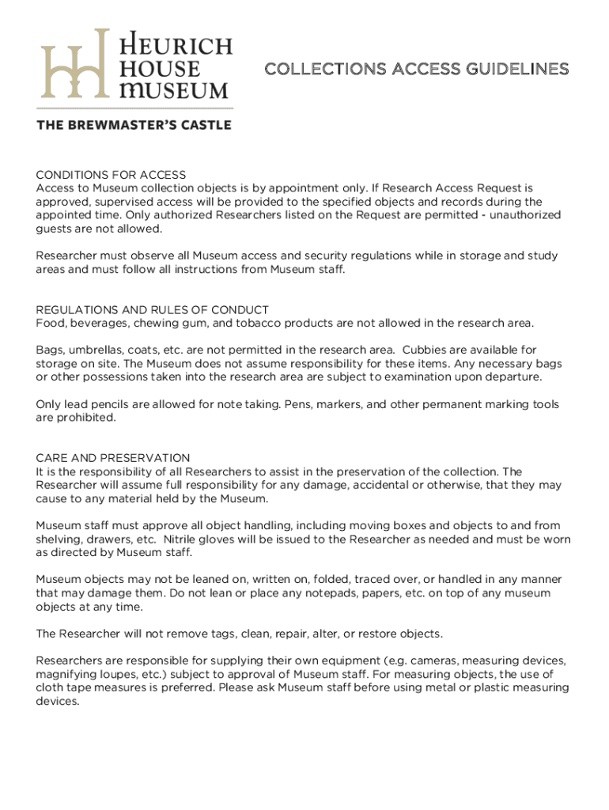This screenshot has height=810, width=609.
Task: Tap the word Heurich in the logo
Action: pyautogui.click(x=175, y=44)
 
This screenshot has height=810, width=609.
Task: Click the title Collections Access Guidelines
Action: pyautogui.click(x=416, y=70)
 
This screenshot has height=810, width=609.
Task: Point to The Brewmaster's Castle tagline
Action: pyautogui.click(x=134, y=125)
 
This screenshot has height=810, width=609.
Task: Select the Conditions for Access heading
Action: pyautogui.click(x=111, y=175)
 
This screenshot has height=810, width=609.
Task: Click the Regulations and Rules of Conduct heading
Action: pyautogui.click(x=152, y=310)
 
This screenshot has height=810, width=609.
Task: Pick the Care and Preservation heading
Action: pyautogui.click(x=112, y=458)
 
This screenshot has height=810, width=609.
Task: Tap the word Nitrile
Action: pyautogui.click(x=318, y=539)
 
